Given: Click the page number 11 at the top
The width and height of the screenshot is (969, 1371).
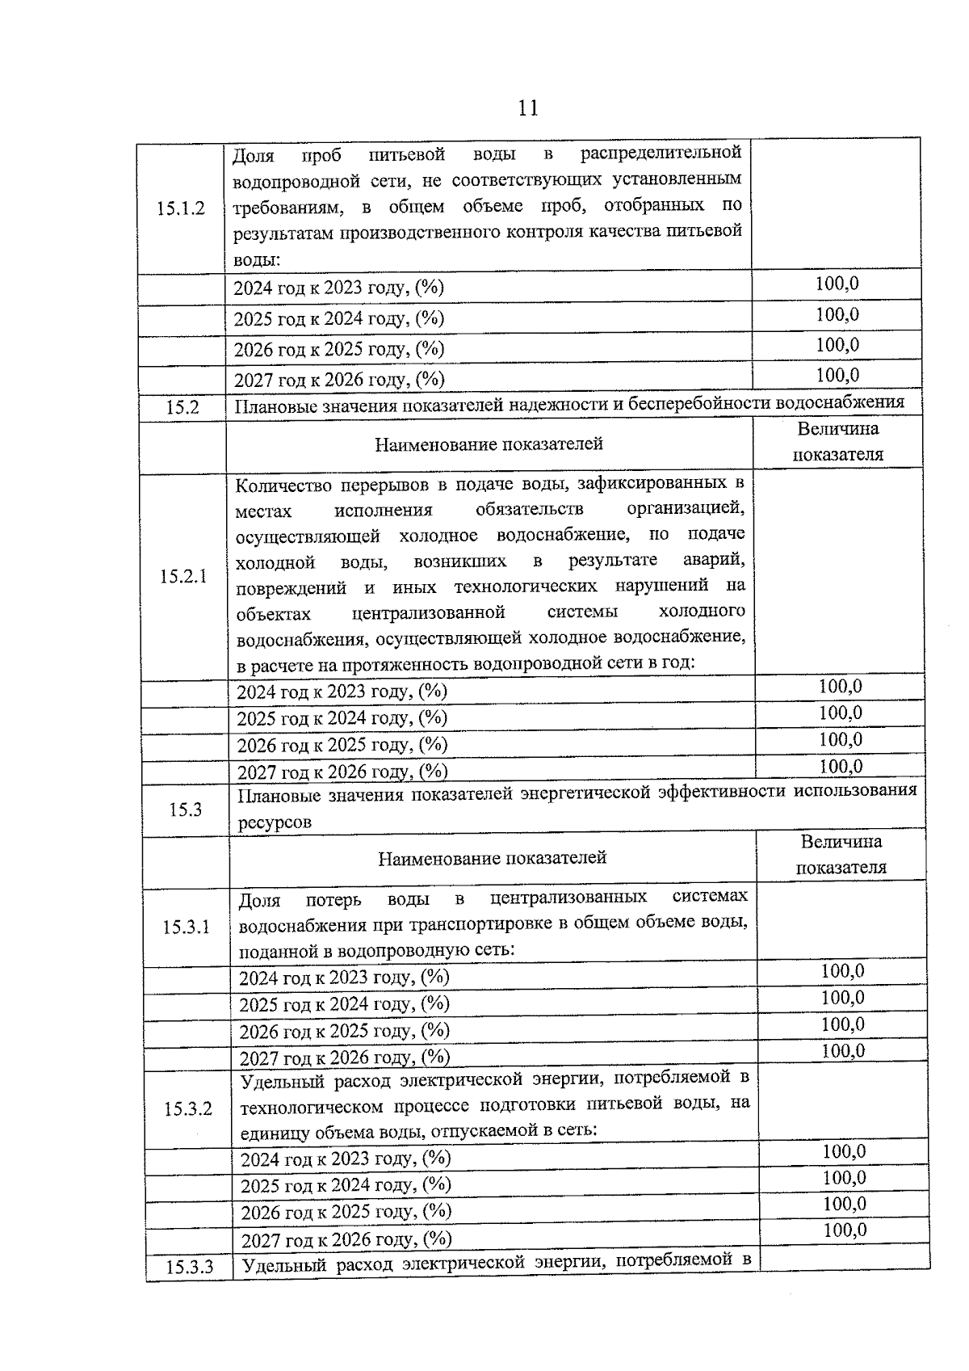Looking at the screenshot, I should [527, 108].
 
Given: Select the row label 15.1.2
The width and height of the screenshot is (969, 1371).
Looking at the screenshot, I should [181, 208].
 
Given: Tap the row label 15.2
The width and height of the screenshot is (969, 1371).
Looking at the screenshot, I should [182, 407].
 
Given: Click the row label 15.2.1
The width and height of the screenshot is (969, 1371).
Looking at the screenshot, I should [183, 576].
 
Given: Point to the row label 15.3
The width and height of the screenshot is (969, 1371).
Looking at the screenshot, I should [185, 810].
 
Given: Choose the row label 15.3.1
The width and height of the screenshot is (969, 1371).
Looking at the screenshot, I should [187, 927].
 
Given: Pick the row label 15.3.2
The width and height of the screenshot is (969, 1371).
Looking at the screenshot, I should [188, 1108].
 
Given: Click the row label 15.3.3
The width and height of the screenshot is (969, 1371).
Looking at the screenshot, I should [190, 1267].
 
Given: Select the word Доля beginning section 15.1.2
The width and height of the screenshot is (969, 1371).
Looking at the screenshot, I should [253, 154].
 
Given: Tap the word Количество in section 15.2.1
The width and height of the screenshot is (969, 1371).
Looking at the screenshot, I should [281, 485].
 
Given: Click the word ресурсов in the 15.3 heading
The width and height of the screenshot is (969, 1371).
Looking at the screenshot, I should [275, 822].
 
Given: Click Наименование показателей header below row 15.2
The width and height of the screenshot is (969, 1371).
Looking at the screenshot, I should [489, 444].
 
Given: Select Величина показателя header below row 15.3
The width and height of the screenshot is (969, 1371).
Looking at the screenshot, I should [841, 855].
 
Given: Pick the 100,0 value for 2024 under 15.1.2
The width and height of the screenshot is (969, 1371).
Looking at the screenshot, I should [837, 284].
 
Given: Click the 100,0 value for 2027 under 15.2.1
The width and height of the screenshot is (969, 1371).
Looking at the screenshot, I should [840, 766].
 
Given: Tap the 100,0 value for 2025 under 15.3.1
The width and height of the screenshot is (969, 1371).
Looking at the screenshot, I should [842, 998].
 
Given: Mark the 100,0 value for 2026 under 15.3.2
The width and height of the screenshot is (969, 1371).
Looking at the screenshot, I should [844, 1204].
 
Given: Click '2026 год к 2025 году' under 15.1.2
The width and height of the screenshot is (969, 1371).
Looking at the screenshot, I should [338, 349].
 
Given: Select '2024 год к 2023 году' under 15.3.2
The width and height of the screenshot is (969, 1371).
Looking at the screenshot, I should [346, 1159].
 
